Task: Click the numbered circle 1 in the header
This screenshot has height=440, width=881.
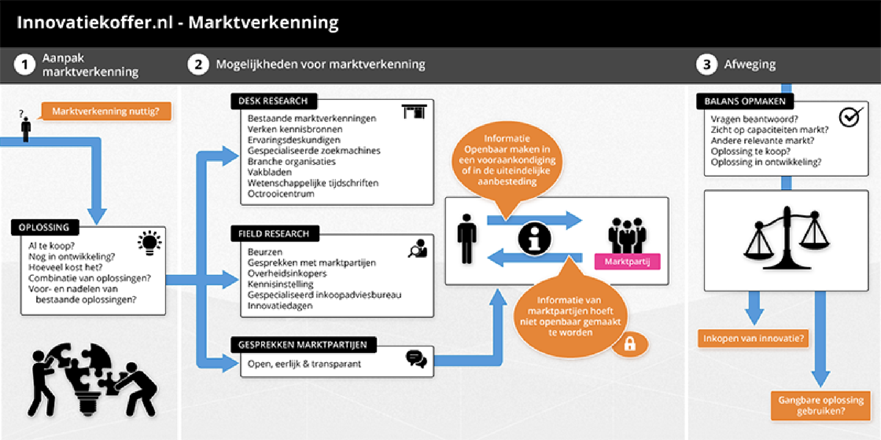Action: point(25,65)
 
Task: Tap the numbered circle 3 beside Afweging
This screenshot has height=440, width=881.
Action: point(707,65)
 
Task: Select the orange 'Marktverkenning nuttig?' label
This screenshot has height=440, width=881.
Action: point(106,111)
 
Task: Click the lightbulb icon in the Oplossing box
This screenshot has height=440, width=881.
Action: point(150,243)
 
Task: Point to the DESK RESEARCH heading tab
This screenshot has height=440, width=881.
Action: point(273,101)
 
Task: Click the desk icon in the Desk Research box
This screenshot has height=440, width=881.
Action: point(414,111)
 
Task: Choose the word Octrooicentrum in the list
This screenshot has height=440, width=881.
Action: point(281,194)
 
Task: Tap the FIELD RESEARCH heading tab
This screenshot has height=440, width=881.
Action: point(274,234)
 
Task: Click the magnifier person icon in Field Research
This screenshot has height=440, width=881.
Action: point(418,248)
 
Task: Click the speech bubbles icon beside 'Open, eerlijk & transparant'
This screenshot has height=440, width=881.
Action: point(416,359)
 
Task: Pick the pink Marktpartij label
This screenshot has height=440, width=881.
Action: point(627,261)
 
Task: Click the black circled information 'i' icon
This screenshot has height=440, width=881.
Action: point(535,238)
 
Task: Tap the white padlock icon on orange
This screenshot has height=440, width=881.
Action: point(630,344)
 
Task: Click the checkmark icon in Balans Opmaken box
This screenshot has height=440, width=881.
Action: point(851,117)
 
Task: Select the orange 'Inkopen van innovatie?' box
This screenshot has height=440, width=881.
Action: point(753,338)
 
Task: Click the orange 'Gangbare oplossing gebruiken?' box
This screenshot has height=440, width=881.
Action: point(821,405)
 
